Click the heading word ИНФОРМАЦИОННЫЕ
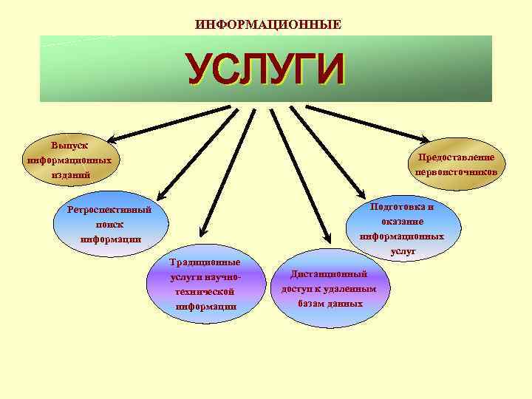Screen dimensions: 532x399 (x=268, y=24)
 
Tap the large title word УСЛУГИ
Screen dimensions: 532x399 (x=266, y=70)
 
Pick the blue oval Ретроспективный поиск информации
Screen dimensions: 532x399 (x=111, y=225)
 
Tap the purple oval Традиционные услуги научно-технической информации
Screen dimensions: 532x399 (x=205, y=284)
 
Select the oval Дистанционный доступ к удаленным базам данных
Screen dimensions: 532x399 (x=329, y=289)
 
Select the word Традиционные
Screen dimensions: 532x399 (x=205, y=262)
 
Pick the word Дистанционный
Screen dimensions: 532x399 (x=329, y=274)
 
